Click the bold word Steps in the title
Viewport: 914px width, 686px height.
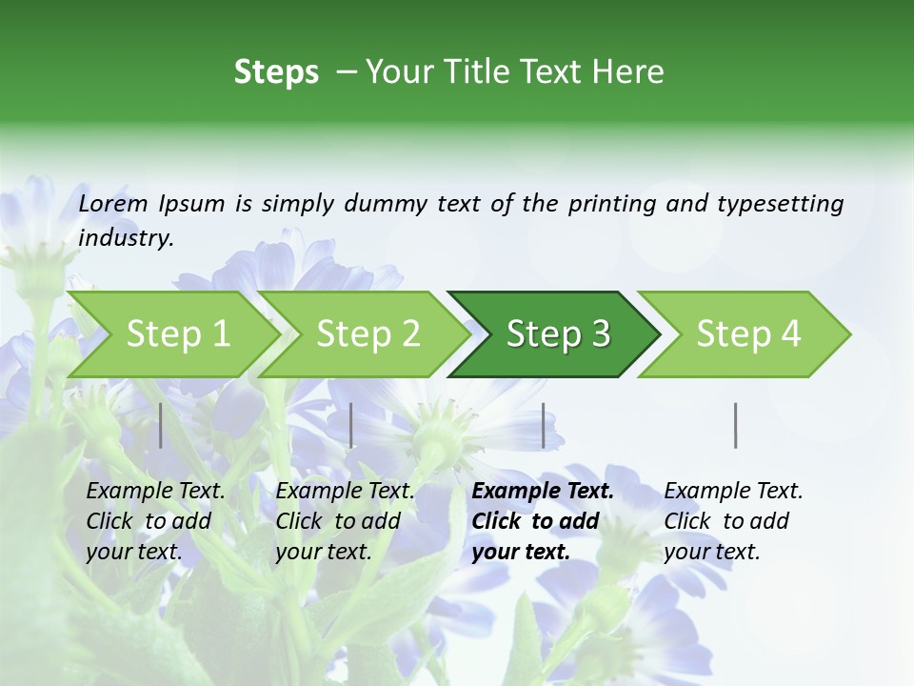coord(276,72)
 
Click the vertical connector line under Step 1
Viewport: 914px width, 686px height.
coord(161,425)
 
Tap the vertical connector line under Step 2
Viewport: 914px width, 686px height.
coord(351,425)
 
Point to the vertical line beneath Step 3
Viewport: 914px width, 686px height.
coord(544,425)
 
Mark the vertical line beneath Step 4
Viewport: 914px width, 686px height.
coord(736,425)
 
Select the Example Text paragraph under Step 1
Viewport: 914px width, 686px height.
coord(155,521)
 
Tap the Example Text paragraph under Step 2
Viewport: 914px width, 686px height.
coord(345,521)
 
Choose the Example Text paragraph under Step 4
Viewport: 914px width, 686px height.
coord(733,521)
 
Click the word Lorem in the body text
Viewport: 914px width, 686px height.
coord(113,204)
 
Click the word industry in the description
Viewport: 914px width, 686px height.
coord(124,238)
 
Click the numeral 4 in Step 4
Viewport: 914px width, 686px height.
coord(789,334)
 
